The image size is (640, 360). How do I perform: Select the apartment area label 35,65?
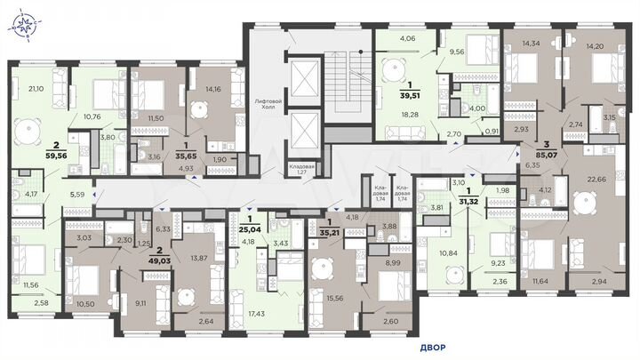click(x=185, y=152)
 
